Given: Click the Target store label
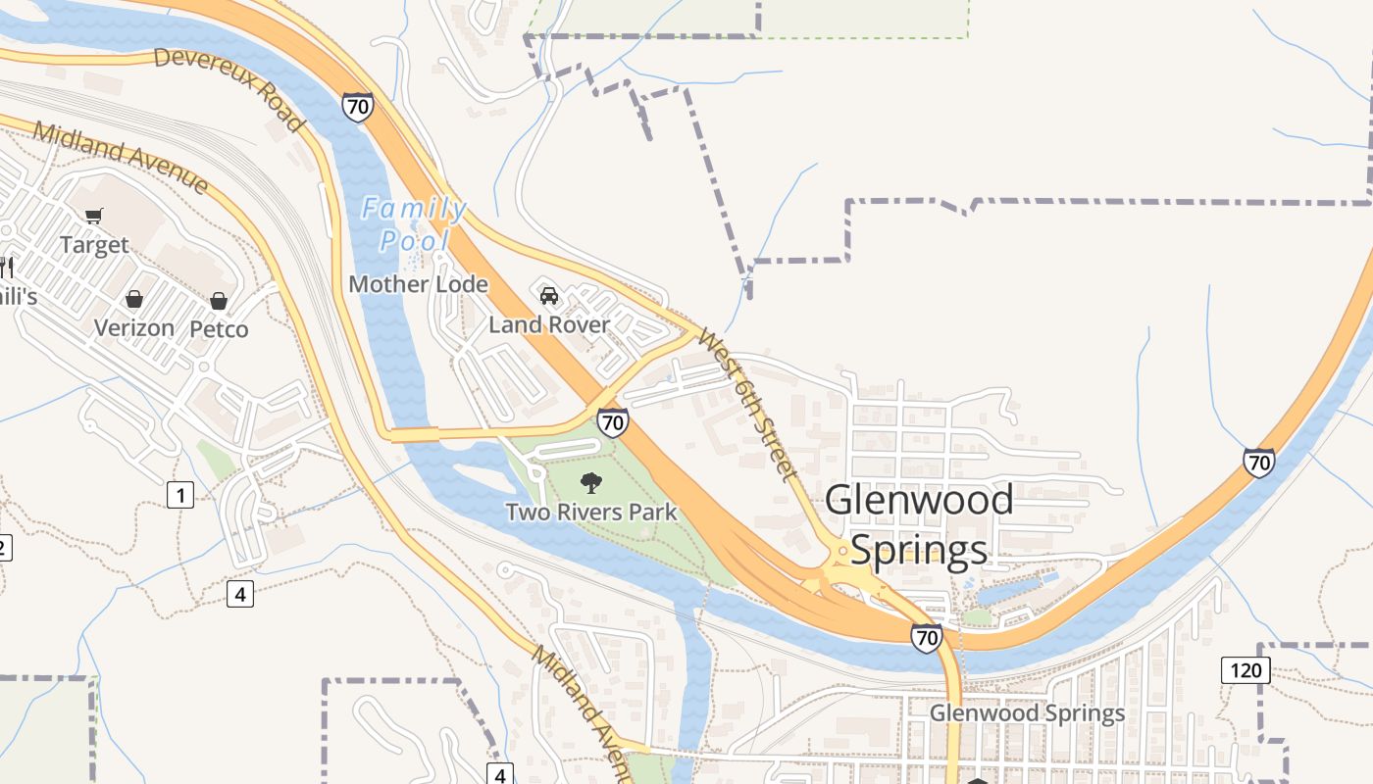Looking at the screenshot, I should pyautogui.click(x=94, y=244).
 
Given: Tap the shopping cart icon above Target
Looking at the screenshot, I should pyautogui.click(x=94, y=216).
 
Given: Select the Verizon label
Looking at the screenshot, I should pyautogui.click(x=134, y=327).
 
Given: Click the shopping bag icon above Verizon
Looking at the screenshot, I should pyautogui.click(x=134, y=299).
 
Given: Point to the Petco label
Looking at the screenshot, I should pyautogui.click(x=219, y=328).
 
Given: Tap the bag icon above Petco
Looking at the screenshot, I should pyautogui.click(x=219, y=300).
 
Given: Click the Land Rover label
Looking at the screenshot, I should pyautogui.click(x=549, y=324).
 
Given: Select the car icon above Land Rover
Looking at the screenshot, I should pyautogui.click(x=549, y=295).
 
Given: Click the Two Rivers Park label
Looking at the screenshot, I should pyautogui.click(x=591, y=511).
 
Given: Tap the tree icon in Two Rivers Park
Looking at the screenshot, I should pyautogui.click(x=591, y=482).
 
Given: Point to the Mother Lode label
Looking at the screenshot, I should pyautogui.click(x=419, y=284).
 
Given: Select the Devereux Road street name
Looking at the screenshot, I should pyautogui.click(x=229, y=88).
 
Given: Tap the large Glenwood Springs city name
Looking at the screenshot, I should pyautogui.click(x=919, y=524).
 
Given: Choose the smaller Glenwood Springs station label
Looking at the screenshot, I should pyautogui.click(x=1027, y=712).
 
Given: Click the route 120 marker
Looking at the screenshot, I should pyautogui.click(x=1246, y=670).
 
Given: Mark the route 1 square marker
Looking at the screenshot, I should pyautogui.click(x=179, y=495).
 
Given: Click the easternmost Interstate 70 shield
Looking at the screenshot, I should pyautogui.click(x=1258, y=462).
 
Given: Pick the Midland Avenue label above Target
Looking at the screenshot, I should pyautogui.click(x=121, y=157).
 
